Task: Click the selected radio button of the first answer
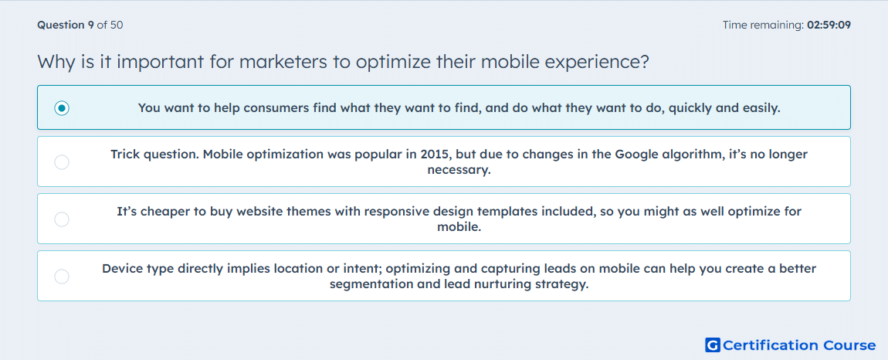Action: (62, 107)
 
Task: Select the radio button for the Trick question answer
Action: (62, 162)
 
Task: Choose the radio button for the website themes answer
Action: (62, 219)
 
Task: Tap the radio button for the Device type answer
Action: (62, 277)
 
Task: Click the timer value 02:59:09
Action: (829, 25)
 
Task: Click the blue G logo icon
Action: (713, 345)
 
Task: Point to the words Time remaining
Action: (763, 25)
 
